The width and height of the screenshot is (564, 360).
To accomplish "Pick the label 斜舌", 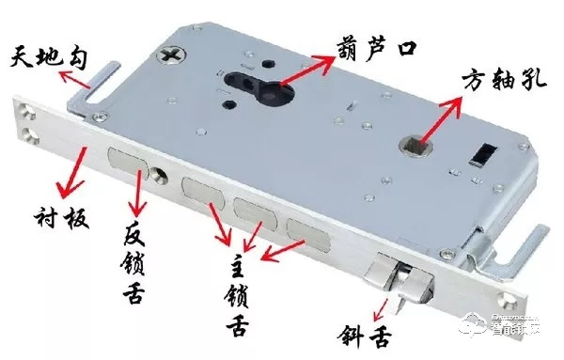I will click(364, 335).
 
